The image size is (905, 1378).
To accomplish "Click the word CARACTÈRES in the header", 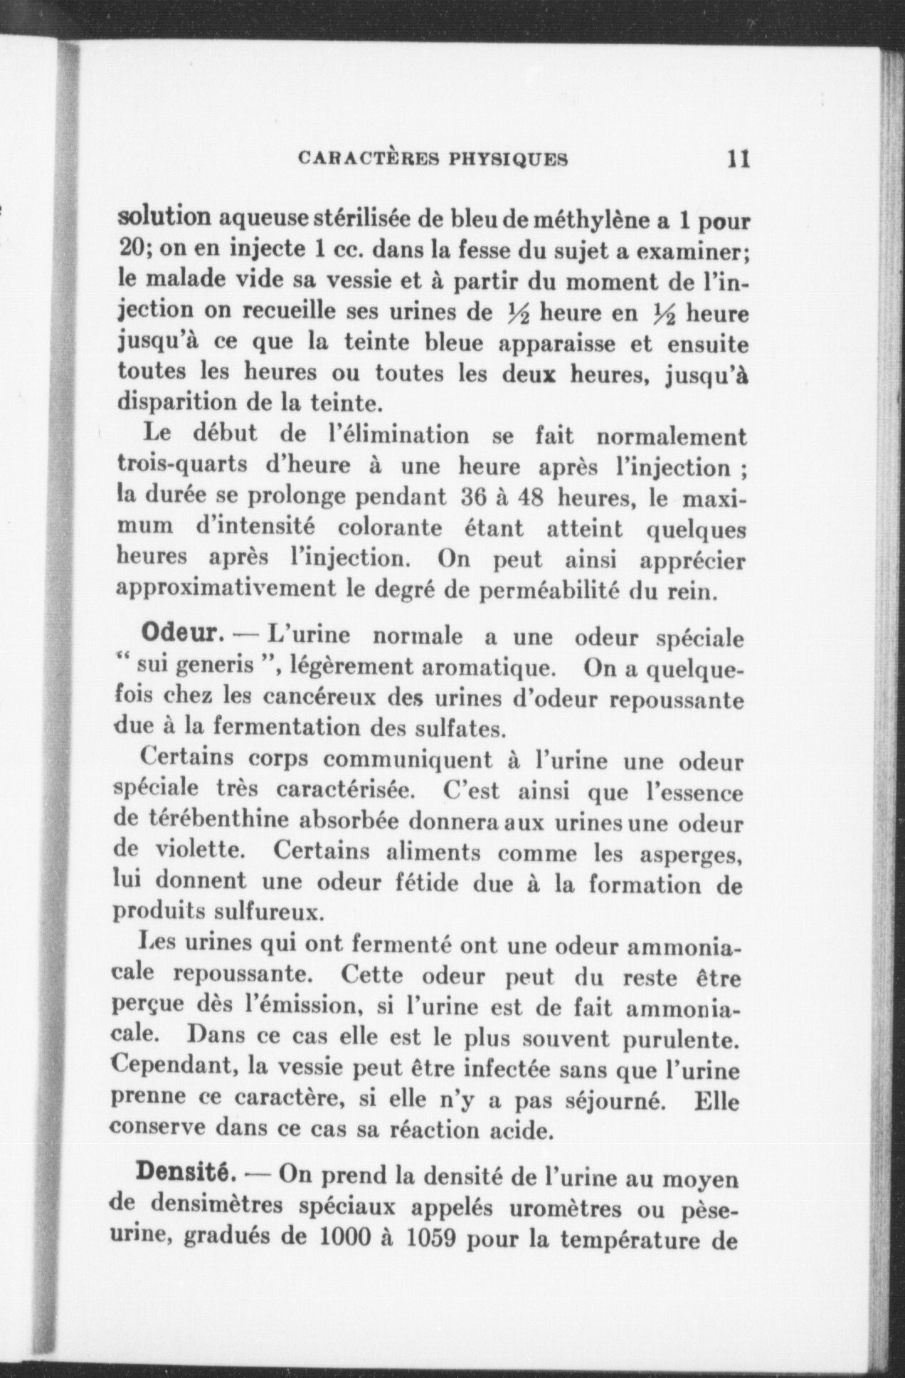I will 367,159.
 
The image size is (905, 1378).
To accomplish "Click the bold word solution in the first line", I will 163,217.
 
